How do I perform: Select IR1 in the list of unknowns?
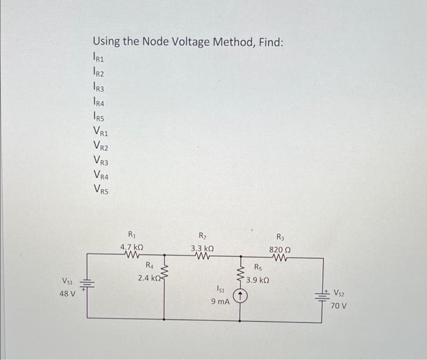(x=100, y=58)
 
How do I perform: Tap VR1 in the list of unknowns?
(x=101, y=131)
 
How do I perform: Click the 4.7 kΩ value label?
(x=132, y=248)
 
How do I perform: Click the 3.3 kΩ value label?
(x=202, y=248)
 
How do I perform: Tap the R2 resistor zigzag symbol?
(x=202, y=257)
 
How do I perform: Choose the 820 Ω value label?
(x=280, y=249)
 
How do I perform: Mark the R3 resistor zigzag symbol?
(x=280, y=257)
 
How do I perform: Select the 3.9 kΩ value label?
(x=258, y=281)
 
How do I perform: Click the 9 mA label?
(x=220, y=301)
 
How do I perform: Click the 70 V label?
(x=339, y=305)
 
